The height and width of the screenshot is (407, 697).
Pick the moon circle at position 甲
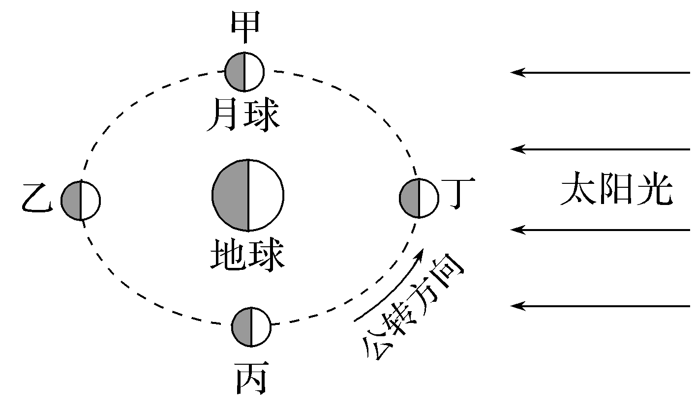(x=244, y=72)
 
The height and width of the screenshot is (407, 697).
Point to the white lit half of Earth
(x=266, y=195)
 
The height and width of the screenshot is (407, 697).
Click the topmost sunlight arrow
(x=600, y=73)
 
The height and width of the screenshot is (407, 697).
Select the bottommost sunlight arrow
(x=600, y=306)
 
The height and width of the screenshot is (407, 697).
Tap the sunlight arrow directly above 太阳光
(x=600, y=148)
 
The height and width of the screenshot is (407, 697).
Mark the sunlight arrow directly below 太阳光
(x=600, y=230)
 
